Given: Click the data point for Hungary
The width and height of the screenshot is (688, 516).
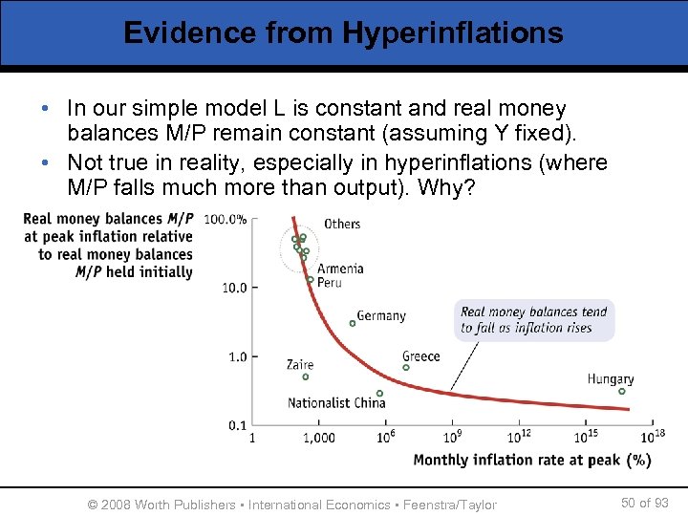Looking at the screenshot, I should pyautogui.click(x=621, y=391).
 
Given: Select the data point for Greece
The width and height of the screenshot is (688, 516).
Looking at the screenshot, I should pyautogui.click(x=406, y=367).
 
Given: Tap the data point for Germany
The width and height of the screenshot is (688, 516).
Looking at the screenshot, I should pyautogui.click(x=353, y=323).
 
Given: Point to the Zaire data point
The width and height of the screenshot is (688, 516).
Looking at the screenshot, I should pyautogui.click(x=306, y=376).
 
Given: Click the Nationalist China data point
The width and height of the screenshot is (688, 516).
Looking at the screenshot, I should pyautogui.click(x=379, y=393).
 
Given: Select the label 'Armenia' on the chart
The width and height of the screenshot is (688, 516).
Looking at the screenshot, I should pyautogui.click(x=340, y=269).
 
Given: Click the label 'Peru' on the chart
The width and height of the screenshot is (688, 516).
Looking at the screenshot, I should pyautogui.click(x=330, y=283).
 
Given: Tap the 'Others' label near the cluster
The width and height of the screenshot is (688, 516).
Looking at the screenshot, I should pyautogui.click(x=342, y=224).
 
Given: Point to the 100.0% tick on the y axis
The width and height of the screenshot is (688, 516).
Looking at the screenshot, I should pyautogui.click(x=226, y=219).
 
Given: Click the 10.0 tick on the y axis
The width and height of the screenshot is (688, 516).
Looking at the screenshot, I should pyautogui.click(x=234, y=288).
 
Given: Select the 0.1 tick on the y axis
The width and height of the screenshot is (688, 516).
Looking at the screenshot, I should pyautogui.click(x=237, y=425).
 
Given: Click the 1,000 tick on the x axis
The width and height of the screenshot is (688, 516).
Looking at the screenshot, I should pyautogui.click(x=319, y=438).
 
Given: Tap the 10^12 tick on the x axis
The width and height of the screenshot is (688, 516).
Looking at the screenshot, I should pyautogui.click(x=519, y=437).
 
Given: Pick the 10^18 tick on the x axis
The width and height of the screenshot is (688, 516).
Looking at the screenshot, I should pyautogui.click(x=653, y=437).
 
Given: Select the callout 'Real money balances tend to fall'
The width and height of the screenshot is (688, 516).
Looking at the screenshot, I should pyautogui.click(x=533, y=320).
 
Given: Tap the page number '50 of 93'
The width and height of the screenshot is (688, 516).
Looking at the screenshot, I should pyautogui.click(x=644, y=503).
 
